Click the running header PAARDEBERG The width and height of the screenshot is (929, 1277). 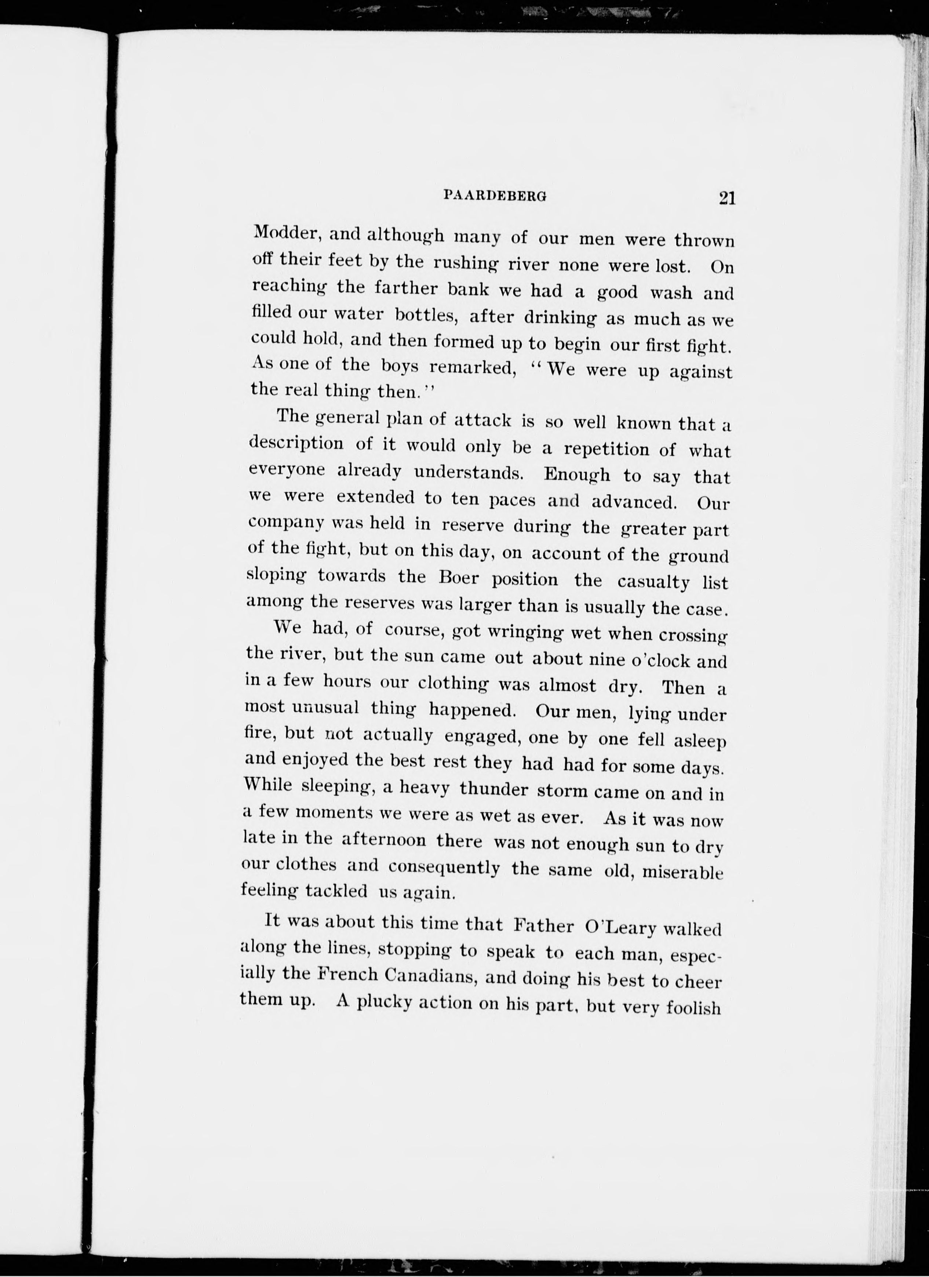click(x=495, y=195)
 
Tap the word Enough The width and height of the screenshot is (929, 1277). click(x=577, y=474)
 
